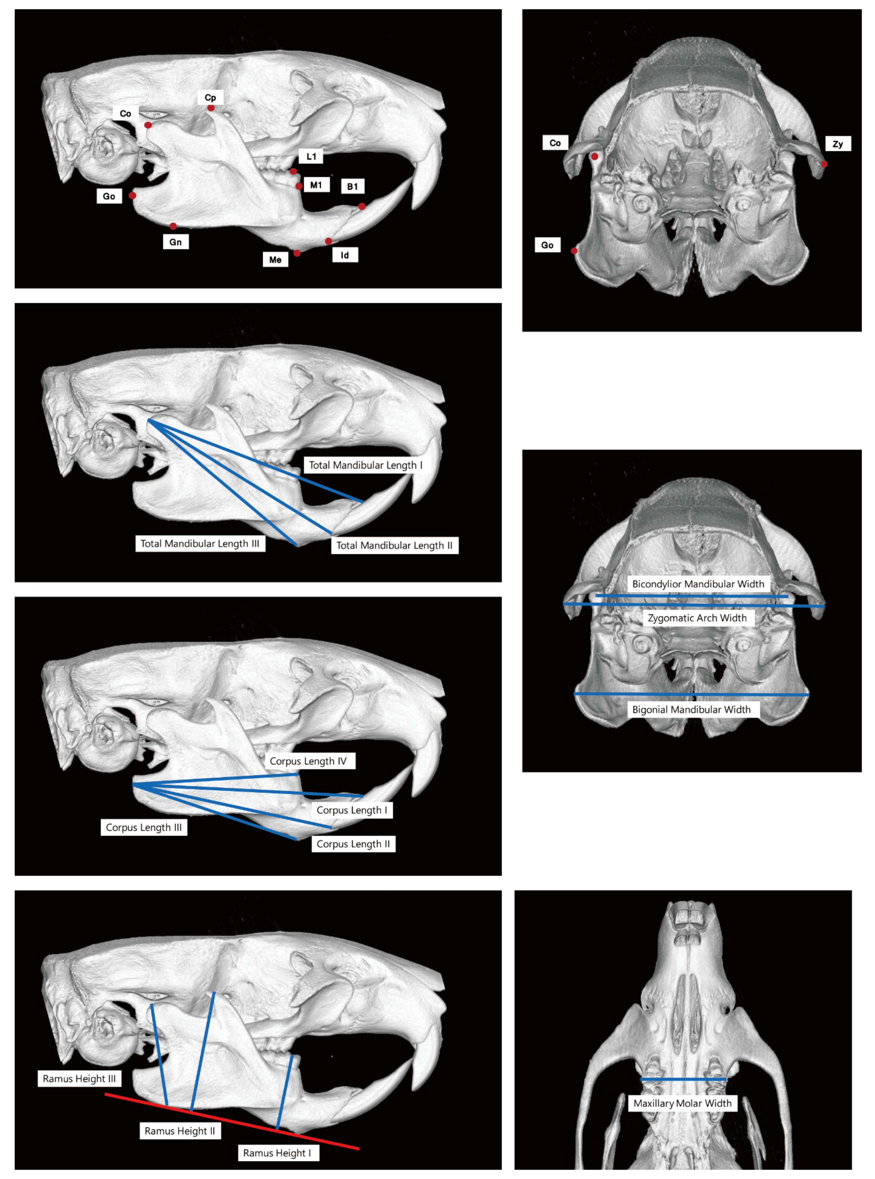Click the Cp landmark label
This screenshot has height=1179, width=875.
210,97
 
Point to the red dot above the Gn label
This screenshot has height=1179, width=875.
173,226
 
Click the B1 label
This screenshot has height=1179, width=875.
352,186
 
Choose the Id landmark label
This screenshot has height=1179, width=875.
345,255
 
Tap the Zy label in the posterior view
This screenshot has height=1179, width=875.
837,144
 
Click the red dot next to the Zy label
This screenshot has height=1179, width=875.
824,164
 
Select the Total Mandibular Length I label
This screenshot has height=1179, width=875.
365,465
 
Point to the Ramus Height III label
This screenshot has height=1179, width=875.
79,1078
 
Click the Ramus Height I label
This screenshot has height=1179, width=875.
277,1153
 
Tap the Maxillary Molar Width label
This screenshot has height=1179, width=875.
682,1103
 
